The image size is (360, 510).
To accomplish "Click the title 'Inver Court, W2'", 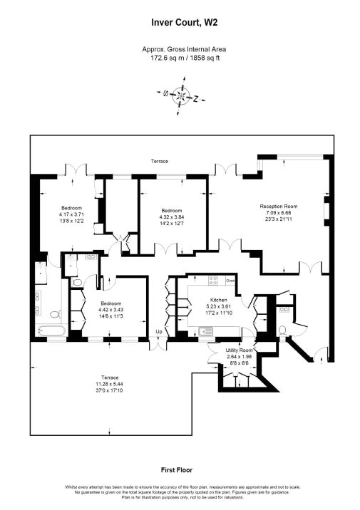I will pos(180,22).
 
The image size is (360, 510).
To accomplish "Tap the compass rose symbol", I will pos(180,95).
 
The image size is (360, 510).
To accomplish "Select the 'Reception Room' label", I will pos(282,207).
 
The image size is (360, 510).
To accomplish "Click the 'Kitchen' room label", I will pos(218,300).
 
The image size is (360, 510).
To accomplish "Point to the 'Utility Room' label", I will pos(240,351).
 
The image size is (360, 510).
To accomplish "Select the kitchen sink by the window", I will pos(207,330).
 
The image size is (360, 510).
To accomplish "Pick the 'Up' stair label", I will pos(160,332).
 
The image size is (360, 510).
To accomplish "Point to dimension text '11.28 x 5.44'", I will pos(109,382).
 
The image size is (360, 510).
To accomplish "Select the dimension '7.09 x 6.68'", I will pos(282,212).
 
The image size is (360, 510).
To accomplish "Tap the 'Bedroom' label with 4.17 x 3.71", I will pos(71,209).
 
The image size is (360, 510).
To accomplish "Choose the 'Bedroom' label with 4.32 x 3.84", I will pos(172,211).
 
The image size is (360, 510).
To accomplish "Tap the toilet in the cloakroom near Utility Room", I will pos(282,330).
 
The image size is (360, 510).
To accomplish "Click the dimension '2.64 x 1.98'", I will pos(240,357).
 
